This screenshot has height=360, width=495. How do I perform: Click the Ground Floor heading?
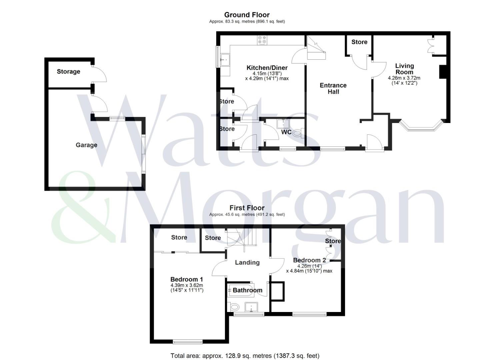(x=247, y=15)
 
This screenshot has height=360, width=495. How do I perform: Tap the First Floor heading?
(x=247, y=208)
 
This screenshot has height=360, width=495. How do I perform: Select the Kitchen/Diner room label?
(x=267, y=68)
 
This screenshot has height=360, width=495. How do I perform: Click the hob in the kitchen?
(x=262, y=40)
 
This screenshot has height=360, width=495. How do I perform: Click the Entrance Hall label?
(x=333, y=88)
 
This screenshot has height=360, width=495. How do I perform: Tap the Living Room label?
(x=404, y=69)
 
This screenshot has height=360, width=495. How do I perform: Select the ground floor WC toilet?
(x=298, y=133)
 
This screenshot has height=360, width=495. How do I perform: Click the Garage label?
(x=86, y=145)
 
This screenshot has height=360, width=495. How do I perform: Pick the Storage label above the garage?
(x=69, y=71)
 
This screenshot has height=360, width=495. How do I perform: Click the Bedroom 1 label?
(x=187, y=279)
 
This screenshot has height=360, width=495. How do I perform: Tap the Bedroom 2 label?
(x=309, y=260)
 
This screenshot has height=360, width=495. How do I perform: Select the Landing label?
(x=247, y=262)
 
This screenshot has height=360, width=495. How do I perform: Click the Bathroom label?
(x=247, y=290)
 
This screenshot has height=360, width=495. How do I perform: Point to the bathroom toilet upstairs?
(x=234, y=307)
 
